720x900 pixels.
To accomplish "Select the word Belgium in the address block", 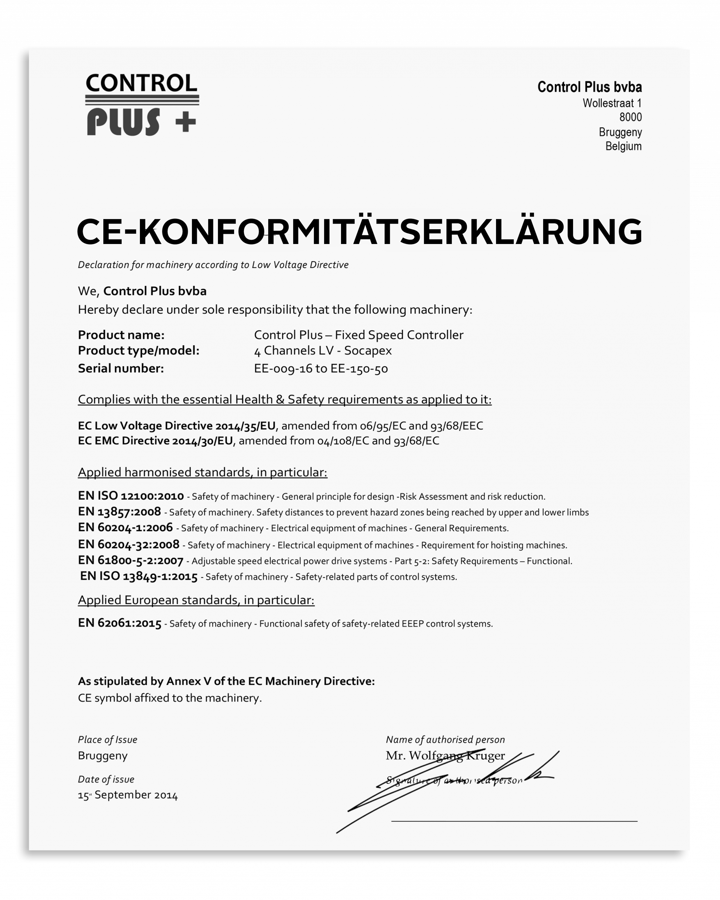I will pos(623,147).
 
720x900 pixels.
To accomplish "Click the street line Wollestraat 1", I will pos(612,103).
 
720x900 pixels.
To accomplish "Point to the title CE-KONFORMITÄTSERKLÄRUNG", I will pos(359,232).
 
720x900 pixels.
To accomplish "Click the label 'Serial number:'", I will pos(121,368).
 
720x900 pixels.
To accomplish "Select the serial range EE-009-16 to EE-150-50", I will pos(321,368).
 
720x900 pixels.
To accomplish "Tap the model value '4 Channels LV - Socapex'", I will pos(323,350).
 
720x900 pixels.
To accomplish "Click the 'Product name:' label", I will pos(121,335).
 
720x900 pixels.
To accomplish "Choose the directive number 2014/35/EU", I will pos(245,426).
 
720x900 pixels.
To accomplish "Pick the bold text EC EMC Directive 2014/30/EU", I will pos(155,441).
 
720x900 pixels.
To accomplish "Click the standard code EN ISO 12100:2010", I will pos(131,496).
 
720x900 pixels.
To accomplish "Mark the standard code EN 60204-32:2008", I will pos(129,544).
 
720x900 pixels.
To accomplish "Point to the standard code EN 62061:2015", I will pos(120,623).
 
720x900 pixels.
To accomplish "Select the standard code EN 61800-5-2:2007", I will pos(131,561).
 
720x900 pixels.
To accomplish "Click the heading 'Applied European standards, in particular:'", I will pos(196,600).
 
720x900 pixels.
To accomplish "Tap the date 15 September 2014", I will pos(128,795).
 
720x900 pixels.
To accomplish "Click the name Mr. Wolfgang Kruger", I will pos(445,756).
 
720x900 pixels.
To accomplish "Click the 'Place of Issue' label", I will pos(107,740).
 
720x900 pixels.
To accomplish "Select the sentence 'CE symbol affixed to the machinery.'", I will pos(169,698).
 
